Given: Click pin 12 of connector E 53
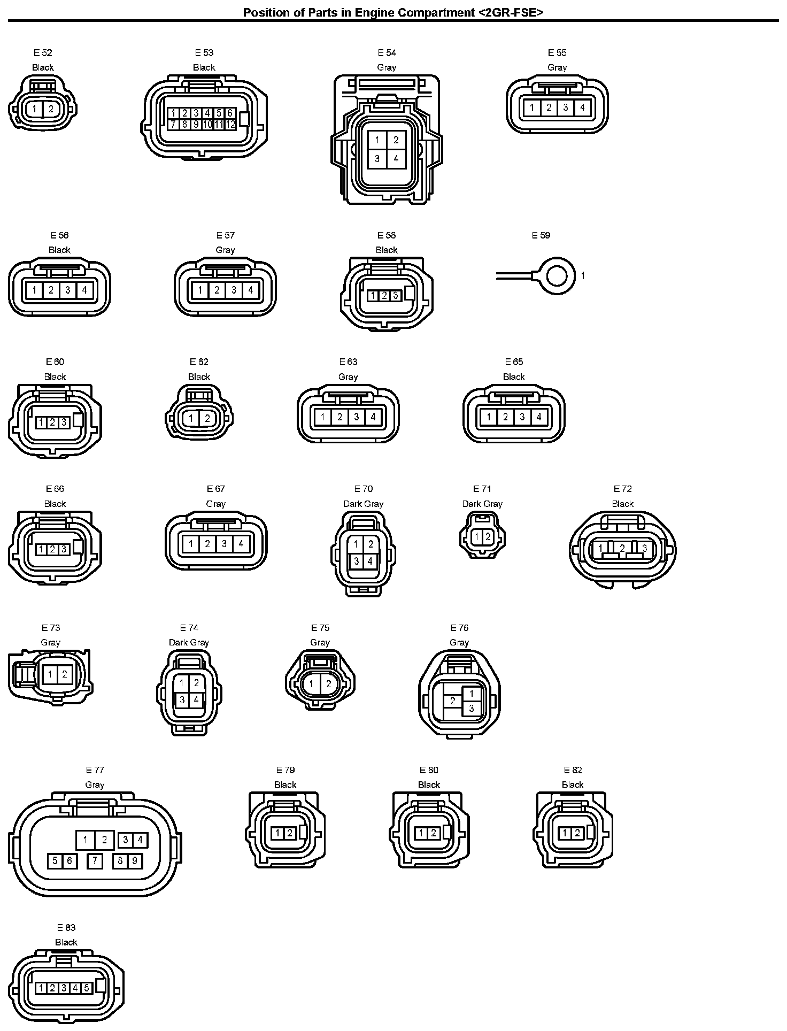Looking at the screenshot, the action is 230,125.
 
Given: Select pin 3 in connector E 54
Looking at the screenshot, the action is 377,158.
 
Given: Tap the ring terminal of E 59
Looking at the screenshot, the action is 557,276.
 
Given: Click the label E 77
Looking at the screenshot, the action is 95,770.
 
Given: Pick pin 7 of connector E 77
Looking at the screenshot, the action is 95,860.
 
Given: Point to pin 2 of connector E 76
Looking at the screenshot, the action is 453,701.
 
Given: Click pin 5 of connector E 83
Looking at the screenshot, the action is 87,988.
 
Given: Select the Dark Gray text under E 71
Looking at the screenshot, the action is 482,504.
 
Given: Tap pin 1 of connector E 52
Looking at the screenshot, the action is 35,109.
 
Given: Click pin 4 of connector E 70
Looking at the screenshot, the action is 370,561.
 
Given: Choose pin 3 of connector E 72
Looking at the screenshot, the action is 645,548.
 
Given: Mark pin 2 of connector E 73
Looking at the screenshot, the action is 64,674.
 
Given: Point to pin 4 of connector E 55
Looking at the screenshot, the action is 582,107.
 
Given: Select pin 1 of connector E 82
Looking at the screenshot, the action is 565,833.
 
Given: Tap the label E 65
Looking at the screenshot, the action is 514,362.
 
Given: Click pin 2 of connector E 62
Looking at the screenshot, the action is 207,418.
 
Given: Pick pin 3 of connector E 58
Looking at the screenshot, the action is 396,295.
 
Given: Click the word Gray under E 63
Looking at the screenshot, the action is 348,377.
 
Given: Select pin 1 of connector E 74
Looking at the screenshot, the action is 182,683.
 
